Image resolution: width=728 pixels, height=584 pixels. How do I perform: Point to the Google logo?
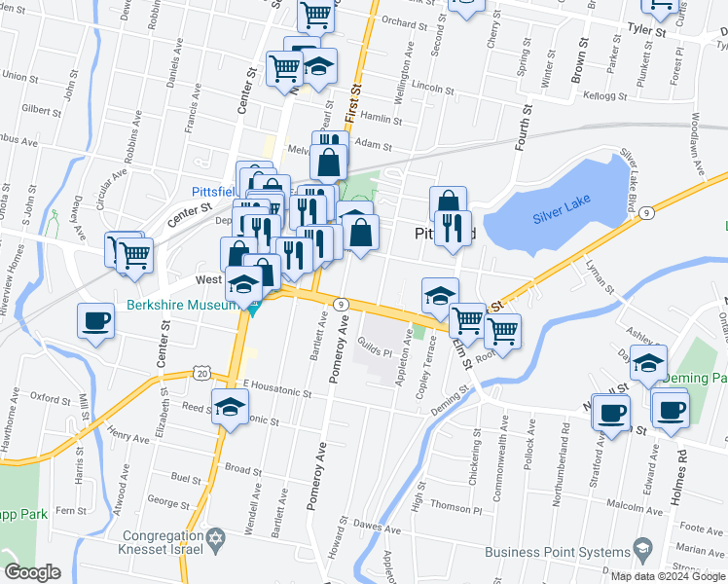coord(32,572)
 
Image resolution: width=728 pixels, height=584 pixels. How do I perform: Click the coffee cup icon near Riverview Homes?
coord(96,321)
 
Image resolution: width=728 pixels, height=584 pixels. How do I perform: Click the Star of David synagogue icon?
coord(217,537)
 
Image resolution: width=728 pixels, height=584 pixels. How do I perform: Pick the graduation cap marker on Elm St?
coord(440,295)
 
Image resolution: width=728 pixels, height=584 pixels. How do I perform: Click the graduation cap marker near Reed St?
coord(230,407)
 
